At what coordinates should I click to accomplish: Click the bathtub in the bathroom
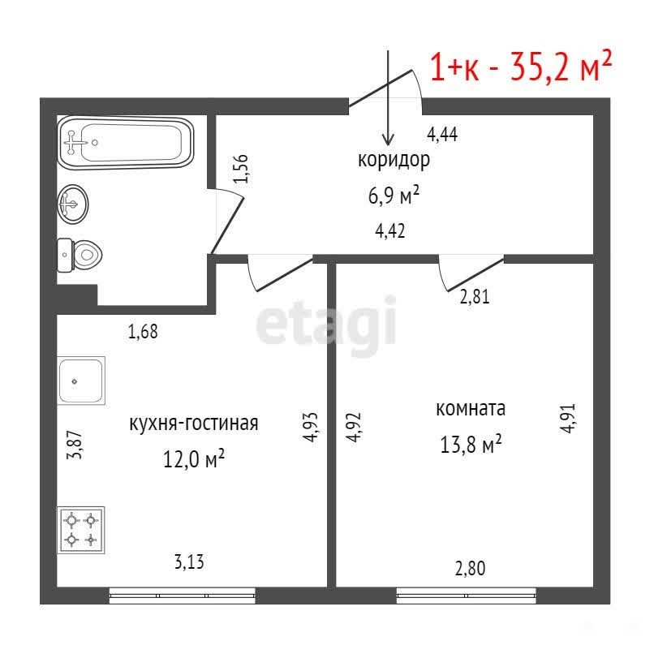[126, 143]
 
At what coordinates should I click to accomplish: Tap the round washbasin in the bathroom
[73, 204]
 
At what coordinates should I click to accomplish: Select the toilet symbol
[80, 255]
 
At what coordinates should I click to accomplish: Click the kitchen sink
[81, 381]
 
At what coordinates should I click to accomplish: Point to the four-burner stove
[81, 530]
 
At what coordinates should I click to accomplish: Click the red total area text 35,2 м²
[561, 67]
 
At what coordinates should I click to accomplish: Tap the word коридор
[394, 160]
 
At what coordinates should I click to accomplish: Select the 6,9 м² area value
[394, 196]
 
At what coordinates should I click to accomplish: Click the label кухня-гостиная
[194, 424]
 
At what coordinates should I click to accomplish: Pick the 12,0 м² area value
[194, 458]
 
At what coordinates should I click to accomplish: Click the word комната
[471, 409]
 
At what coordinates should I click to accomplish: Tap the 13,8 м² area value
[471, 444]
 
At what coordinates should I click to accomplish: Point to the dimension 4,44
[442, 135]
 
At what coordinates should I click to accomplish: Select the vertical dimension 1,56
[241, 169]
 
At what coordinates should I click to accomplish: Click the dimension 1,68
[143, 332]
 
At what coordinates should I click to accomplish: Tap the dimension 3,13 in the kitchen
[189, 561]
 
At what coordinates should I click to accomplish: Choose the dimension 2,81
[474, 296]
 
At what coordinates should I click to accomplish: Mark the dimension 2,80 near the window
[470, 569]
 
